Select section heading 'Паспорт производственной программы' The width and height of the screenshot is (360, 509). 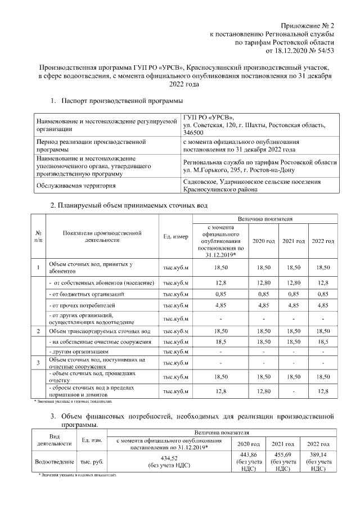tap(123, 101)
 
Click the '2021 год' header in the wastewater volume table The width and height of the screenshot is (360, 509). tap(293, 241)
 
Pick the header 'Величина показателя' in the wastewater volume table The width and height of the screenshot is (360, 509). tap(264, 218)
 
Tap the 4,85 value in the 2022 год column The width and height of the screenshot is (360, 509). tap(322, 306)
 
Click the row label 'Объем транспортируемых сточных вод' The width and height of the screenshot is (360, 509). tap(100, 331)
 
